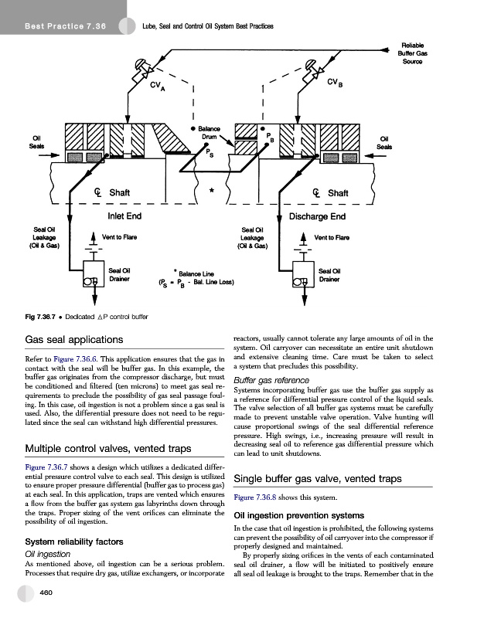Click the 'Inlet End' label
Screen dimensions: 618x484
[x=124, y=216]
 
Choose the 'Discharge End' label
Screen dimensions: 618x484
[x=316, y=216]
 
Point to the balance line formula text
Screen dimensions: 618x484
[x=196, y=282]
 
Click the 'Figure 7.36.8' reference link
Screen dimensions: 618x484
[x=257, y=497]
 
